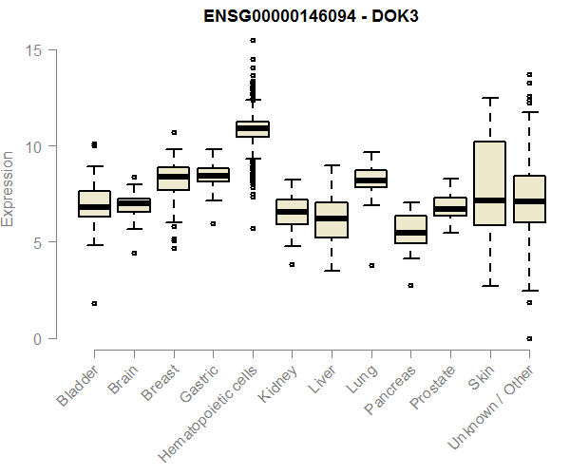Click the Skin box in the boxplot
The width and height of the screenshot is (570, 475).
489,183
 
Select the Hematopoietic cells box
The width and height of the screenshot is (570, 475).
253,129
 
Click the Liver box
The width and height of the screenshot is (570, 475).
332,219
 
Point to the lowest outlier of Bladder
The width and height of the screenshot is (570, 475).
94,303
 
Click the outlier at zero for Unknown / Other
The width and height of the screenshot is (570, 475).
529,338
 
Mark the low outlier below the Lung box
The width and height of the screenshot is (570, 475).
370,265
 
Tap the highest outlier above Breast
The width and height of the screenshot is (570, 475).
174,132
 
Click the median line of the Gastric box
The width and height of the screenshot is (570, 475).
213,176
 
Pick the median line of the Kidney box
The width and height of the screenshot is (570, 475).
292,212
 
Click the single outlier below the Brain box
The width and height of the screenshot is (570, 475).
134,253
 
